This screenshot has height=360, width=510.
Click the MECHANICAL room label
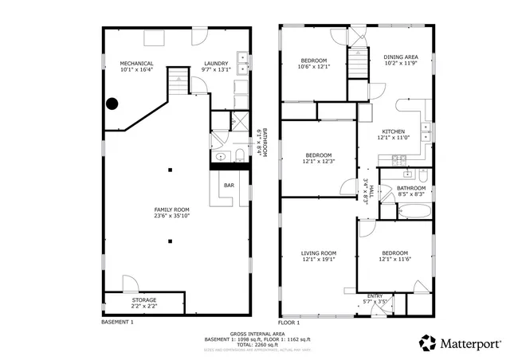136,64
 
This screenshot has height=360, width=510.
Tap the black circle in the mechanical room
112,103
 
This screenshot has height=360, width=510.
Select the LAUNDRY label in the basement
216,64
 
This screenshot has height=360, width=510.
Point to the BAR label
229,186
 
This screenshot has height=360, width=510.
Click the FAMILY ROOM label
171,209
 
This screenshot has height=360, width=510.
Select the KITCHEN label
393,131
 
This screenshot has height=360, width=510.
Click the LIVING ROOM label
318,253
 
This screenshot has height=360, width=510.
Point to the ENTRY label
375,296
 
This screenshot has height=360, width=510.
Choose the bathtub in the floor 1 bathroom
414,212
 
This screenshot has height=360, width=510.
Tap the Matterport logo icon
428,342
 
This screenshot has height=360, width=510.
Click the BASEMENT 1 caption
117,323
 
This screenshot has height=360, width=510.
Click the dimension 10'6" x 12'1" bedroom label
313,67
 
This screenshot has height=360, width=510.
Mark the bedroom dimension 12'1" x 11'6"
393,258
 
